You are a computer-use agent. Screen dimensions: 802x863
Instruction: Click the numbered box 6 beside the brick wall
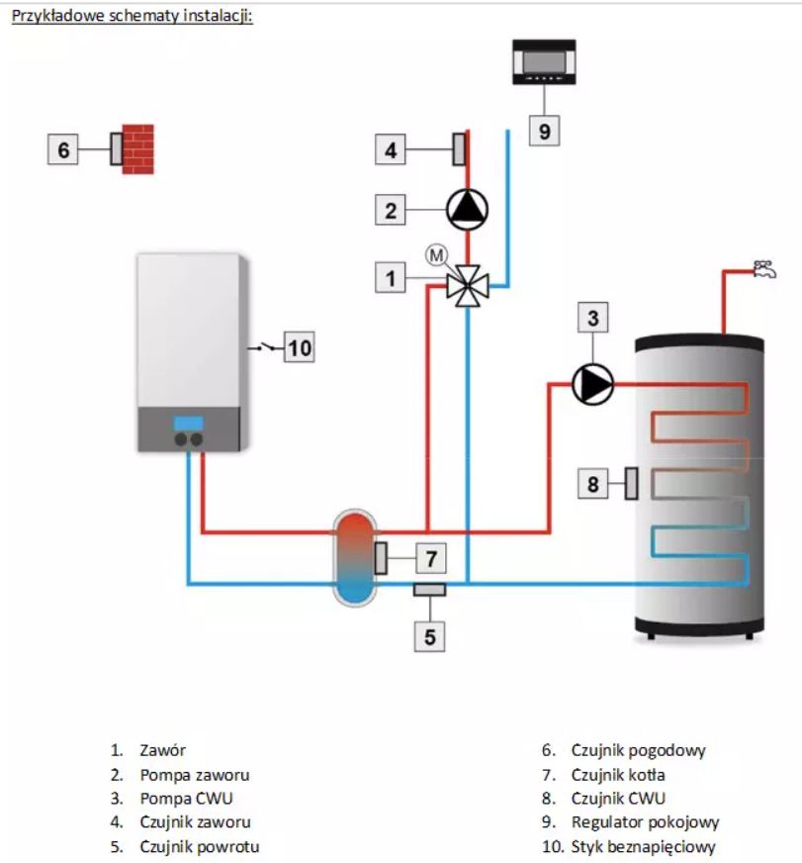click(x=62, y=149)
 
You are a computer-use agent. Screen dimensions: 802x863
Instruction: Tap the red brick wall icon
click(x=137, y=149)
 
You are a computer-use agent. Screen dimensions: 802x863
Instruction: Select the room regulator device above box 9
click(x=544, y=61)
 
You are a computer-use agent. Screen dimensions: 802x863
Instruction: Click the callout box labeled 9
click(x=545, y=131)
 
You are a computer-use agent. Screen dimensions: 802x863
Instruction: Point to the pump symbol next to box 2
click(x=467, y=209)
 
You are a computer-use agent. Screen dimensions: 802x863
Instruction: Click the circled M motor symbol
click(x=436, y=254)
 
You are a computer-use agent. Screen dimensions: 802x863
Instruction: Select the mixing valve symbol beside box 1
click(x=467, y=286)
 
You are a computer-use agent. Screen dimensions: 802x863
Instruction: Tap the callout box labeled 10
click(x=300, y=347)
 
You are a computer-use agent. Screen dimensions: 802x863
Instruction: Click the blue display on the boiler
click(x=189, y=424)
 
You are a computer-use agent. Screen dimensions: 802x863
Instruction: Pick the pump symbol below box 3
click(x=593, y=384)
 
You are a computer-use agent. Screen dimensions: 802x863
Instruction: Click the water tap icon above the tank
click(x=764, y=269)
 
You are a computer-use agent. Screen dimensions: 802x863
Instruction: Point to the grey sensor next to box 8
click(x=632, y=484)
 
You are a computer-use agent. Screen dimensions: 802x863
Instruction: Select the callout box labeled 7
click(x=431, y=558)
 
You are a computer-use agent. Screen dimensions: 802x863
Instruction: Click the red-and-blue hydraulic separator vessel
click(x=355, y=558)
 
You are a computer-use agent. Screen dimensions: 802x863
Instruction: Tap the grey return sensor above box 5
click(x=429, y=590)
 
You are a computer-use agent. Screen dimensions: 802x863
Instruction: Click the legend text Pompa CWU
click(x=187, y=798)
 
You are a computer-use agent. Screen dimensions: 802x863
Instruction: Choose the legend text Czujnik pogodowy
click(x=638, y=750)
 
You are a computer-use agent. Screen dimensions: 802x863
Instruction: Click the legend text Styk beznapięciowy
click(x=643, y=846)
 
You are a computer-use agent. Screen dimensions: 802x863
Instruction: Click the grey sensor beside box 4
click(x=459, y=149)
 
